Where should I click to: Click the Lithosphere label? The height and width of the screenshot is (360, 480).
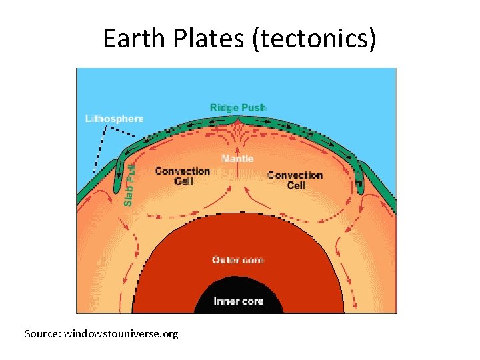tap(114, 119)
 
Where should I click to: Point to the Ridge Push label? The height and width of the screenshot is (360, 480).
tap(237, 107)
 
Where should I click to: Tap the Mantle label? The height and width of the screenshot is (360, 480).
tap(237, 159)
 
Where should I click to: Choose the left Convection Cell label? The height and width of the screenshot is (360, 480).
tap(182, 175)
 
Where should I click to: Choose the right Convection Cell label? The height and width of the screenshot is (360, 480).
tap(295, 179)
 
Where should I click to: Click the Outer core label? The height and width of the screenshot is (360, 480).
tap(237, 259)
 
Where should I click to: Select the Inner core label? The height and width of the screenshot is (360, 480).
tap(238, 301)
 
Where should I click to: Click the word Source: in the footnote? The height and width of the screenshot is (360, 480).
tap(43, 333)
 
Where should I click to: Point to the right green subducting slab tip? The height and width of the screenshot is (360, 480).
tap(361, 188)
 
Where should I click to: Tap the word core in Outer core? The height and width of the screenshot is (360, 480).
tap(252, 259)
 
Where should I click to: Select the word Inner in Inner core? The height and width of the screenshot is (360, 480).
tap(225, 301)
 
